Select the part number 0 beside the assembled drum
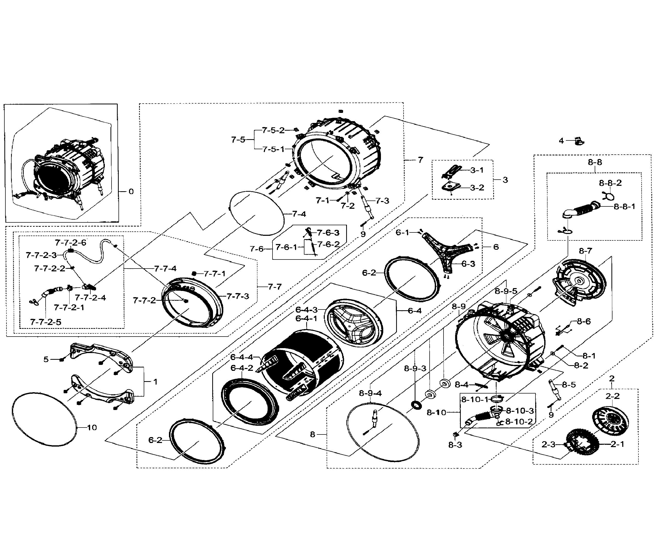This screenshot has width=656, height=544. point(131,191)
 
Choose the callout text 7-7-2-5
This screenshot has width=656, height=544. point(46,322)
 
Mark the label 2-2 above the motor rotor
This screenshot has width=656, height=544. point(612,396)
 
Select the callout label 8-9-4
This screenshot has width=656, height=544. point(370,393)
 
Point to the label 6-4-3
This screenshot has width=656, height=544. point(306,310)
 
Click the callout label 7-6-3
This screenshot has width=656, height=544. point(328,232)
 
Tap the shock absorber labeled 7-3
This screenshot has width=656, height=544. point(368,207)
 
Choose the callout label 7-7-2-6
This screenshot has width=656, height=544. point(71,242)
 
